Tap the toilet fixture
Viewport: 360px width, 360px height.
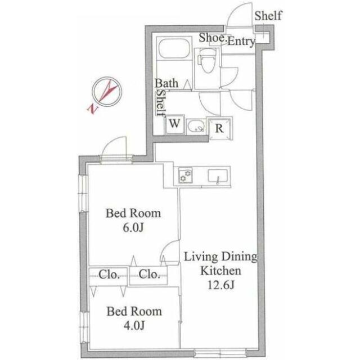(x=207, y=61)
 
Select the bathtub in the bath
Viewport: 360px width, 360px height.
(x=174, y=48)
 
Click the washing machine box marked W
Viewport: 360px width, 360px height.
(x=174, y=124)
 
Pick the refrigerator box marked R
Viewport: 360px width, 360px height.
(x=219, y=128)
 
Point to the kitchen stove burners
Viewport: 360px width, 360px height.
(x=186, y=175)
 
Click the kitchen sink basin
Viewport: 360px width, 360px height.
(x=218, y=176)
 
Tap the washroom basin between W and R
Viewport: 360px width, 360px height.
(x=196, y=126)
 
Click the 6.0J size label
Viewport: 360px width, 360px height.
(x=133, y=227)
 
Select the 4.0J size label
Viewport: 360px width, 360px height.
(x=134, y=325)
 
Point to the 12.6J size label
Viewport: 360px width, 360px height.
(x=220, y=285)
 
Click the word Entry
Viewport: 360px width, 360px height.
(x=241, y=42)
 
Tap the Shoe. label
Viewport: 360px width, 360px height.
(x=213, y=38)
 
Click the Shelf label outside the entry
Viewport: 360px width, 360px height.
(x=268, y=16)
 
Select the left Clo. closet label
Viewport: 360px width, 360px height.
(x=109, y=274)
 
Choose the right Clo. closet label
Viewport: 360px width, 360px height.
(x=149, y=274)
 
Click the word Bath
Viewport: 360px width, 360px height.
(x=166, y=83)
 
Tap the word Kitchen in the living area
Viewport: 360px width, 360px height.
(x=220, y=271)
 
